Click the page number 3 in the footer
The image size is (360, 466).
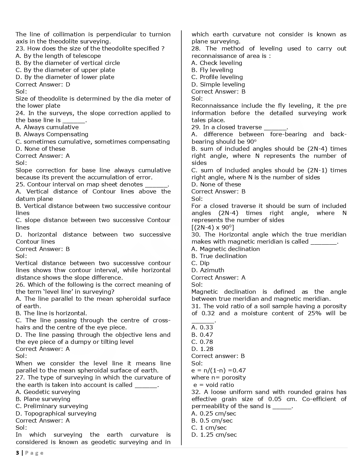(17, 453)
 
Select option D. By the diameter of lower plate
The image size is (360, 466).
(65, 77)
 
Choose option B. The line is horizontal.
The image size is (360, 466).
(51, 313)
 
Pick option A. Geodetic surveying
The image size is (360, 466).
(48, 392)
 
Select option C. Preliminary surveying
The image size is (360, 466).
(52, 406)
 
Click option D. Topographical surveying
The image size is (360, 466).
(56, 413)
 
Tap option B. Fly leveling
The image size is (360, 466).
(212, 70)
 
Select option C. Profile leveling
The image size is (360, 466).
(217, 77)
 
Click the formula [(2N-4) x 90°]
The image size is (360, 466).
(213, 227)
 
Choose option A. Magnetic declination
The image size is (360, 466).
(226, 249)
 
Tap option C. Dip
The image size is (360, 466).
(200, 263)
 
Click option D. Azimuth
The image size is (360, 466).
(208, 270)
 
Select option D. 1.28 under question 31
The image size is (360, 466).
(202, 349)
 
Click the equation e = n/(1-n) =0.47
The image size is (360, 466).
(218, 370)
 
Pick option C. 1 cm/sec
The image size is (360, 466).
(209, 428)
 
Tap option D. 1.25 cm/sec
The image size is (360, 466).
(214, 435)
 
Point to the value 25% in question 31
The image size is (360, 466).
(314, 313)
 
